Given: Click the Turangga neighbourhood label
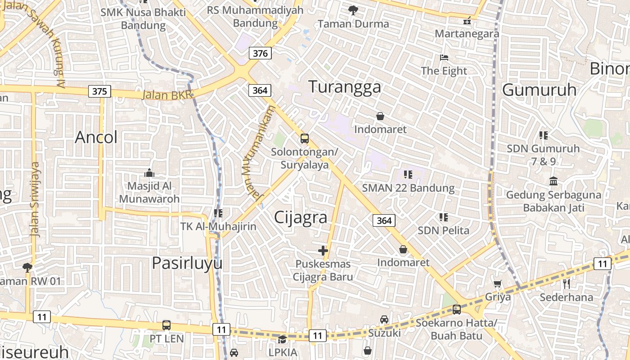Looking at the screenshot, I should (345, 86).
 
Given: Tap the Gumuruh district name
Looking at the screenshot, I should (539, 90).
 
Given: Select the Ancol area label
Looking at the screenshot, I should (96, 137).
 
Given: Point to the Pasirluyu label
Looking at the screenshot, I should (187, 263).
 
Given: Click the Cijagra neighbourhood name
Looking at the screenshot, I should (301, 217).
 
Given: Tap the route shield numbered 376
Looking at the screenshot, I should (260, 54).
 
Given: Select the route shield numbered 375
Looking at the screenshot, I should (99, 91).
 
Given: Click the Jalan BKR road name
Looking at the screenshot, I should (167, 95).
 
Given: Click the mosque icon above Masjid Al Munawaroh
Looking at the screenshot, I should (149, 173).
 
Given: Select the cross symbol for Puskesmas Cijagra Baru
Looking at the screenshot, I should (323, 251).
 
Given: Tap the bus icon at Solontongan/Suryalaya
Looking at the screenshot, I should (305, 138).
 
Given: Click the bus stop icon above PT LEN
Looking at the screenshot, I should (166, 325).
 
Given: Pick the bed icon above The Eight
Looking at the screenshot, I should (444, 58).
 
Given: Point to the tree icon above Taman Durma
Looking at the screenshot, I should (353, 10).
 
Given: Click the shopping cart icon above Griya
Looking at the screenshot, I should (498, 283).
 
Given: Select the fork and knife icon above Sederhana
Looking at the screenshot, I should (567, 283).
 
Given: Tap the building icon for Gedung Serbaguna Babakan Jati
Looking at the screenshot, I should (553, 181).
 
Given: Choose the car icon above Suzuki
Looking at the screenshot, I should (384, 319).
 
